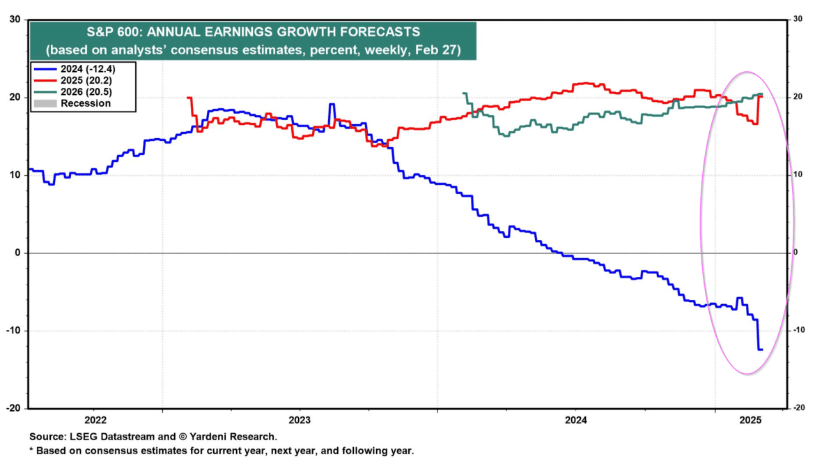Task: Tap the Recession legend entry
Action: click(x=85, y=103)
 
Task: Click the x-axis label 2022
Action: click(x=95, y=420)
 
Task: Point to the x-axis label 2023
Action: click(x=300, y=420)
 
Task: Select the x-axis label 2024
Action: click(x=576, y=420)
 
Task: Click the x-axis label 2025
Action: click(x=751, y=420)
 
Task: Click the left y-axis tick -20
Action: click(x=13, y=408)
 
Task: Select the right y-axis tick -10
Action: click(x=799, y=331)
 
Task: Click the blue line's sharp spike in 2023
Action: click(x=332, y=105)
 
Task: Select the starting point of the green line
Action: click(x=464, y=93)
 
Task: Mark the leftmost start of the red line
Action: click(x=189, y=98)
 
